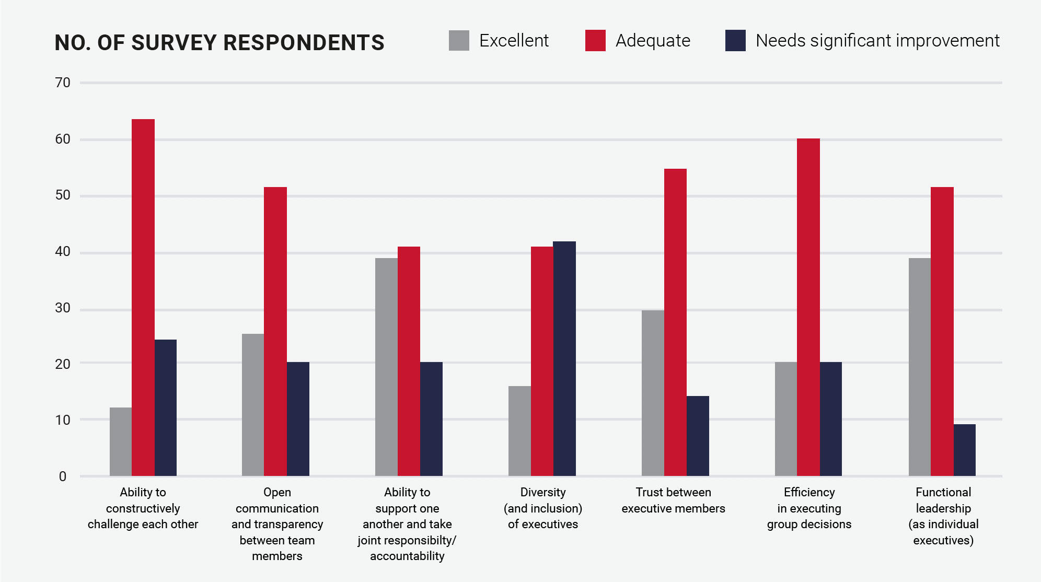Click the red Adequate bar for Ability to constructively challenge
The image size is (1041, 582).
pos(143,298)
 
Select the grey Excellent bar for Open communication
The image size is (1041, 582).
pos(253,405)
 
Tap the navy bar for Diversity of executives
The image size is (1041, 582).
pos(564,358)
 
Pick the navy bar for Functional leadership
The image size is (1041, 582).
pos(964,450)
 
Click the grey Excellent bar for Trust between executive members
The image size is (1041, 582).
pos(653,393)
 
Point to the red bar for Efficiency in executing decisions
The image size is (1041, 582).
pos(808,307)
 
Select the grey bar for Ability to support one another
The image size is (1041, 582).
pos(386,367)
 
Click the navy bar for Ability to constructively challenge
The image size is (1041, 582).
pos(166,408)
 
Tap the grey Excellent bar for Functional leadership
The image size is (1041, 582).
pos(919,367)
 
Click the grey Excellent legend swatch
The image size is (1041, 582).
pos(459,41)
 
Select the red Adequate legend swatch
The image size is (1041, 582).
pos(595,41)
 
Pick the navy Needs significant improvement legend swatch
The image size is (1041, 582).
pos(735,41)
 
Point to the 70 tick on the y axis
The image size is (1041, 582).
pos(63,83)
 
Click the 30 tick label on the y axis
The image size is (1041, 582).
pos(63,308)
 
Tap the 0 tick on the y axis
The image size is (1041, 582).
pos(63,476)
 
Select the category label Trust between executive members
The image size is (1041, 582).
pos(673,500)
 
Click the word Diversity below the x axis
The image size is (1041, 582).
pos(543,492)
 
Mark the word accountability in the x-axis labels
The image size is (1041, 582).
pos(407,556)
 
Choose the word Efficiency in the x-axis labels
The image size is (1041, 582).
pos(809,492)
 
